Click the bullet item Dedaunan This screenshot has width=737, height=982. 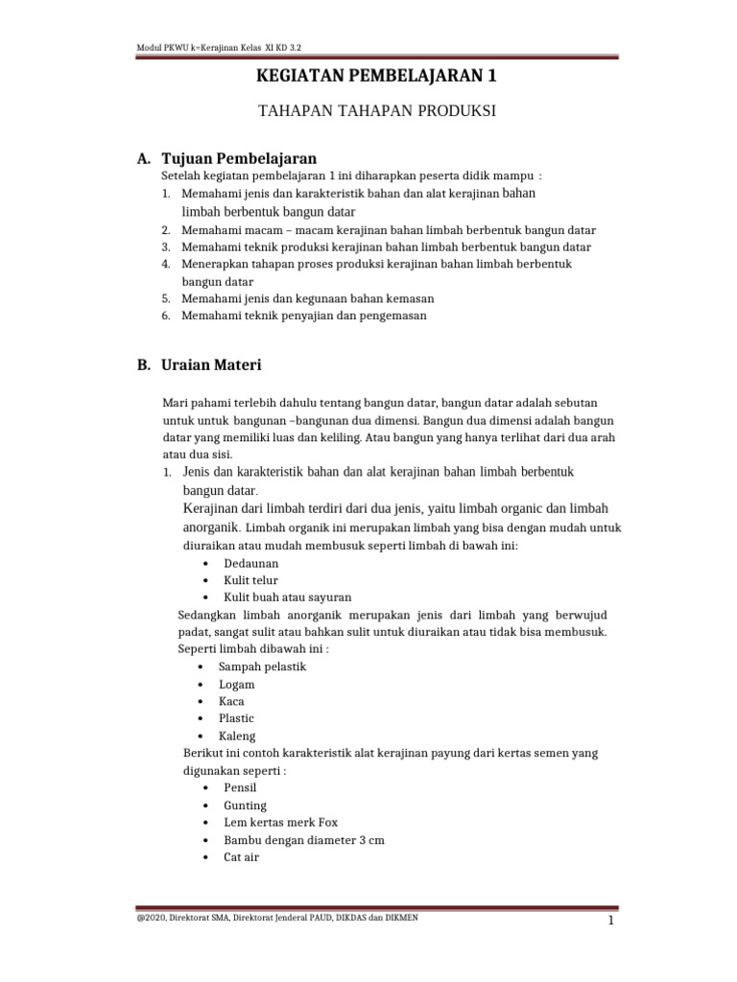[x=251, y=563]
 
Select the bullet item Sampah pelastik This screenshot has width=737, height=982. [x=262, y=666]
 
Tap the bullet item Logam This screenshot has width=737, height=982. [x=237, y=684]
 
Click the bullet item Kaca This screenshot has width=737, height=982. [x=231, y=701]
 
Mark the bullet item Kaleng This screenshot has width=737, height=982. [x=237, y=736]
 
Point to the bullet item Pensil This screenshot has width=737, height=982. [x=240, y=787]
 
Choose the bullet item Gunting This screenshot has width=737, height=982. [x=245, y=805]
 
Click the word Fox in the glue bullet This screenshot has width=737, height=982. [x=328, y=822]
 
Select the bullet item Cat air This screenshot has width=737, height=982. [x=241, y=857]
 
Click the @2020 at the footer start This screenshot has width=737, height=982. [x=155, y=918]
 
